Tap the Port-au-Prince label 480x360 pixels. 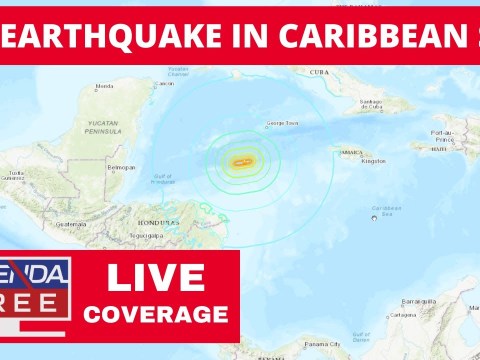(444, 135)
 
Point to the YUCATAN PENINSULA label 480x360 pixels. (104, 129)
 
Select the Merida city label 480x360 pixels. (102, 86)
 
